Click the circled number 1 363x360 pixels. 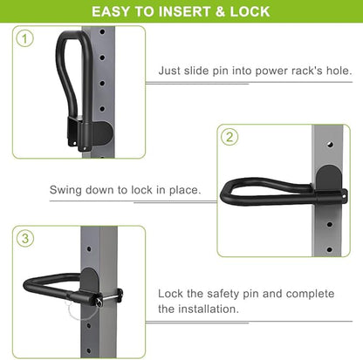(x=24, y=39)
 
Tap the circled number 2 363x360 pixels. (x=229, y=137)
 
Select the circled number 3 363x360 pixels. (x=25, y=239)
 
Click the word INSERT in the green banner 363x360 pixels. (x=184, y=11)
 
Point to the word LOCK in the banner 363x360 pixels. (x=250, y=11)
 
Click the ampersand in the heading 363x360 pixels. (x=220, y=11)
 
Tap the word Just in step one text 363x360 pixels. (x=169, y=71)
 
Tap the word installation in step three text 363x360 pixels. (x=209, y=309)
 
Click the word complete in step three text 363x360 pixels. (x=310, y=294)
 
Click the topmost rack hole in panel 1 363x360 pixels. (x=102, y=31)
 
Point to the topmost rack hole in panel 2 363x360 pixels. (x=330, y=144)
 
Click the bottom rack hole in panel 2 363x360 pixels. (x=330, y=249)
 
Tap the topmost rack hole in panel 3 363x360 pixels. (x=89, y=249)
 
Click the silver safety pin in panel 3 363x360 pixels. (x=110, y=297)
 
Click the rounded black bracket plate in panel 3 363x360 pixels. (x=90, y=280)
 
